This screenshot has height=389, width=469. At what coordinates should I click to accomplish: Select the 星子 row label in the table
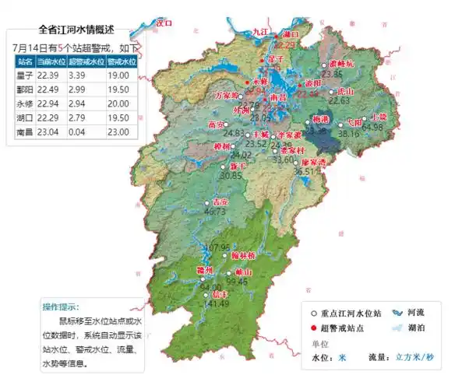26,75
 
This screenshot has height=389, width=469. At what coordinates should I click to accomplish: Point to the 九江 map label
260,31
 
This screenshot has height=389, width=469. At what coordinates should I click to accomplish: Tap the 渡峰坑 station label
340,62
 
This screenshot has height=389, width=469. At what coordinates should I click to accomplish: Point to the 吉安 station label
210,201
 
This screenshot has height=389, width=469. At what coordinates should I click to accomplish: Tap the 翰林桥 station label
245,255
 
